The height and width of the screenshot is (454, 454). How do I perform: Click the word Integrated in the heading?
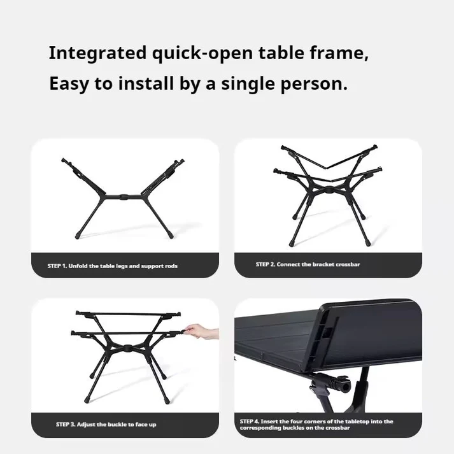pyautogui.click(x=97, y=54)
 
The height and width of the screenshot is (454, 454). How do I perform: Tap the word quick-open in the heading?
pyautogui.click(x=202, y=54)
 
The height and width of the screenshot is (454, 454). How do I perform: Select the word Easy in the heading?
pyautogui.click(x=69, y=84)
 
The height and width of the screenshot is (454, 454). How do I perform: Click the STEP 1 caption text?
pyautogui.click(x=112, y=266)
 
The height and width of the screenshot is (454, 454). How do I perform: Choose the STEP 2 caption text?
pyautogui.click(x=308, y=264)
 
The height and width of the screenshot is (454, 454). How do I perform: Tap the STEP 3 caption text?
pyautogui.click(x=106, y=425)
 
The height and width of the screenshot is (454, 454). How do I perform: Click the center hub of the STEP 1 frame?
pyautogui.click(x=124, y=197)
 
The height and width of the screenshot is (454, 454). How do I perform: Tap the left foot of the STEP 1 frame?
pyautogui.click(x=78, y=236)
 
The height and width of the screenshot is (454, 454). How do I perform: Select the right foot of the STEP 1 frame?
pyautogui.click(x=171, y=236)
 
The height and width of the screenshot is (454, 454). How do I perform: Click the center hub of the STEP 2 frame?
pyautogui.click(x=329, y=190)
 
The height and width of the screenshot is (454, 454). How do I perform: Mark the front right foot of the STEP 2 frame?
pyautogui.click(x=367, y=243)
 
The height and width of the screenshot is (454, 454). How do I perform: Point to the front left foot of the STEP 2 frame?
pyautogui.click(x=291, y=243)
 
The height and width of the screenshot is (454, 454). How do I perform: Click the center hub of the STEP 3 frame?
pyautogui.click(x=127, y=348)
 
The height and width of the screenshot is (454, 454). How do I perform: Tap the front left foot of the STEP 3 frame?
pyautogui.click(x=87, y=401)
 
